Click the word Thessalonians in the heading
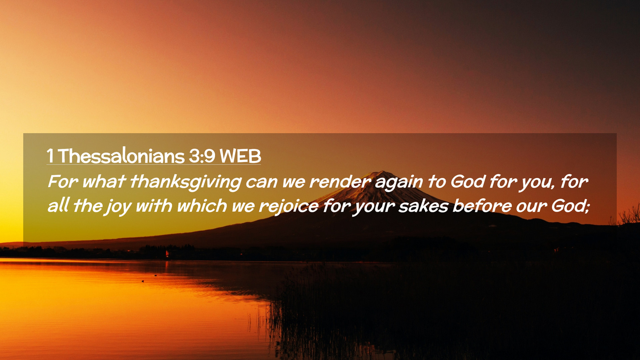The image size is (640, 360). click(x=121, y=156)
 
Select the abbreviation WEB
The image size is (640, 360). click(x=240, y=156)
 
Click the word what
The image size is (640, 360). click(x=103, y=182)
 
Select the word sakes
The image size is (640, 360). click(x=423, y=206)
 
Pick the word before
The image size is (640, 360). click(x=482, y=206)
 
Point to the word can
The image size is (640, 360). click(x=262, y=182)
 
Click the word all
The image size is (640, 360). click(x=58, y=205)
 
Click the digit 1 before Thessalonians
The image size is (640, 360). click(x=50, y=156)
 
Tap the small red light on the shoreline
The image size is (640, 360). click(x=167, y=254)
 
